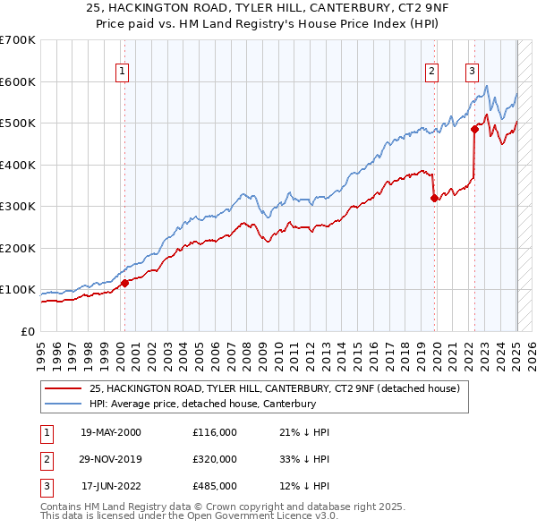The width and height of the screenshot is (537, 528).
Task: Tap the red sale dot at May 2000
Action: pyautogui.click(x=125, y=283)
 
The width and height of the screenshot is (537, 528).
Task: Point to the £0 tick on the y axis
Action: pyautogui.click(x=29, y=331)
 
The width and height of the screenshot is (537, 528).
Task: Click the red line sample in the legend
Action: pyautogui.click(x=64, y=388)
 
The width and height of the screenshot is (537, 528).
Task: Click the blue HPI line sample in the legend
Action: pyautogui.click(x=64, y=405)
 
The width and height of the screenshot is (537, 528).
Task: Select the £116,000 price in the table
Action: pyautogui.click(x=214, y=432)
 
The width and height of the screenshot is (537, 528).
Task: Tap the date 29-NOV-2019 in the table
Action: pyautogui.click(x=111, y=459)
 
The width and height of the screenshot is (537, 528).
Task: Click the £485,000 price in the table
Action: pyautogui.click(x=214, y=486)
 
